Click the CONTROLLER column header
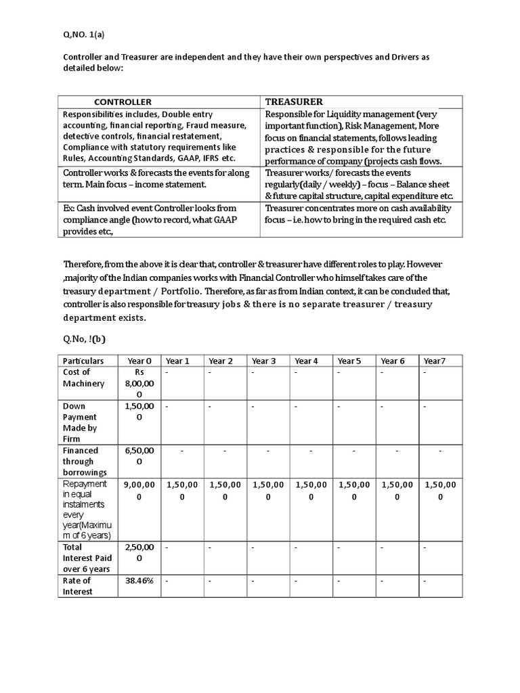pos(123,102)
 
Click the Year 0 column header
pos(139,361)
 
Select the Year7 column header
pos(435,361)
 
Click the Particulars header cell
pos(83,361)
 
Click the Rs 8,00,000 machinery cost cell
pos(139,383)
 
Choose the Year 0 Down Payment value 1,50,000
pos(139,411)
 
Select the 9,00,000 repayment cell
pos(139,491)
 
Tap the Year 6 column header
pos(393,361)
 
